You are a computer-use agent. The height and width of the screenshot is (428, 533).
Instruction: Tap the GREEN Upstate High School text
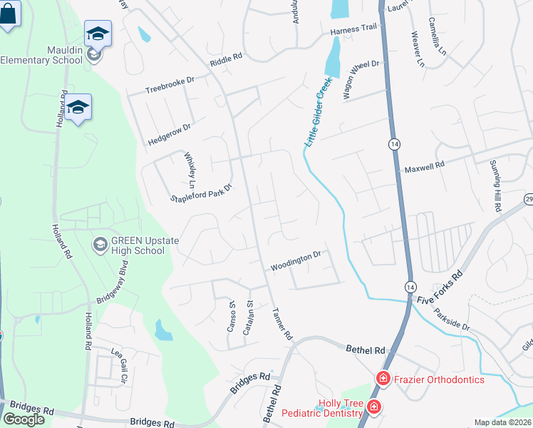pos(139,245)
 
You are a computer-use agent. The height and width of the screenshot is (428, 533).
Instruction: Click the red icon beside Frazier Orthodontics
pos(383,378)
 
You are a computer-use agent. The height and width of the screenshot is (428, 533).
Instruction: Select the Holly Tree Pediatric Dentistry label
pos(322,408)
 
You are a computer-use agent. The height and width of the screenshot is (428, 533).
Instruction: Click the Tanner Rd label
pos(283,323)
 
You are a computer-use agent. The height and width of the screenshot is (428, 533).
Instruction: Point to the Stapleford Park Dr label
pos(202,194)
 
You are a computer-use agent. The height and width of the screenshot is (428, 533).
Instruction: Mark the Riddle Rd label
pos(226,60)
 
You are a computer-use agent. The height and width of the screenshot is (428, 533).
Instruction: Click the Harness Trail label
pos(352,32)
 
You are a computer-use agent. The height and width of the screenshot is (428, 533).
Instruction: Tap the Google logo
pos(24,419)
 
